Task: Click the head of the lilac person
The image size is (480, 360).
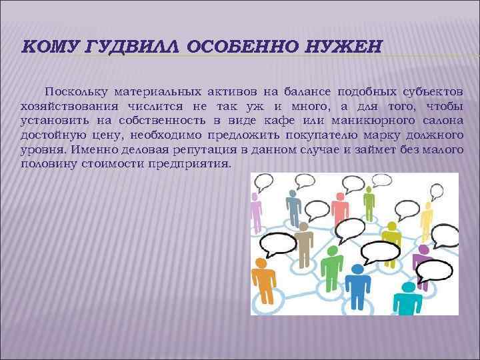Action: tap(255, 198)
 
